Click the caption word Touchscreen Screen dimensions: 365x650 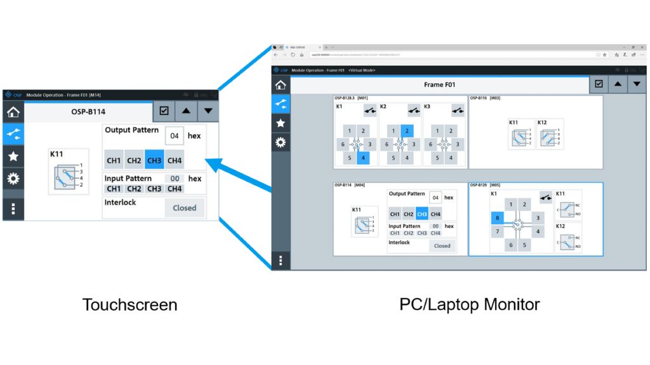[x=129, y=305]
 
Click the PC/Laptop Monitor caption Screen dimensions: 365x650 [x=469, y=304]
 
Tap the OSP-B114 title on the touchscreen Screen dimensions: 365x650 [x=88, y=112]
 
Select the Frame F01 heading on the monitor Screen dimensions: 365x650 [x=439, y=84]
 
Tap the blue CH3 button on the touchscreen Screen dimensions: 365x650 [x=154, y=160]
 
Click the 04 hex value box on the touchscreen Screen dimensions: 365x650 [x=174, y=136]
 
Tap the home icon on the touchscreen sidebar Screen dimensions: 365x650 [x=13, y=113]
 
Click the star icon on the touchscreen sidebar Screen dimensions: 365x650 [x=13, y=156]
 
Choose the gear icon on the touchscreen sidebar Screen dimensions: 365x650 [x=13, y=178]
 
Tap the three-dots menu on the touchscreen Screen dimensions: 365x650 [x=13, y=208]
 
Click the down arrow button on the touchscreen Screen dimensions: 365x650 [x=208, y=112]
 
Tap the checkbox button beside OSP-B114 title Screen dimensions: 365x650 [x=164, y=112]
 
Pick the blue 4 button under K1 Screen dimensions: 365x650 [x=363, y=158]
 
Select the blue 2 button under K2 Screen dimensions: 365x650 [x=406, y=131]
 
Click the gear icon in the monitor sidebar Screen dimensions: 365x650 [x=280, y=142]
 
